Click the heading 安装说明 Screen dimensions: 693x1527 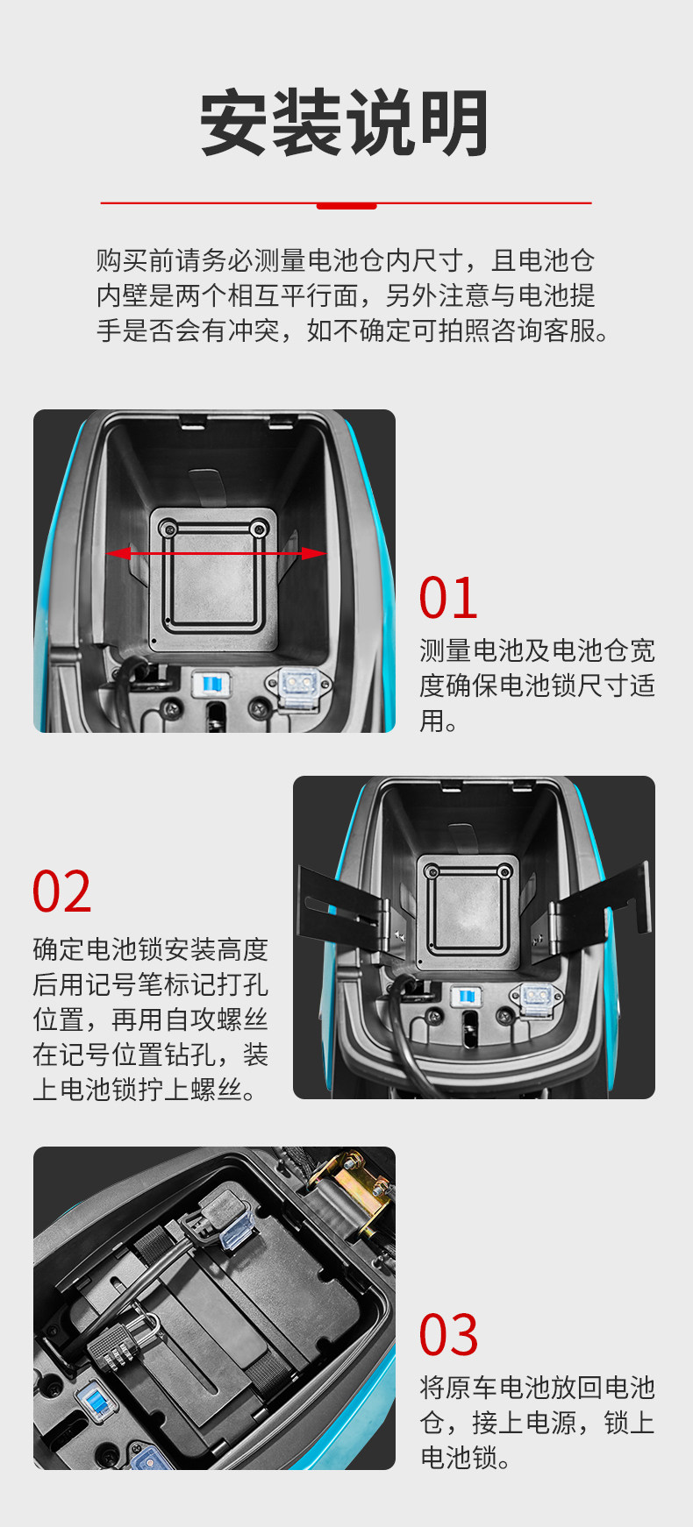(x=345, y=123)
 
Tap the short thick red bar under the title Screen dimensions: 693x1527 (x=346, y=206)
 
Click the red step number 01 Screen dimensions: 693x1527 (x=448, y=598)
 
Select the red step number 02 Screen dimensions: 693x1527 (x=61, y=892)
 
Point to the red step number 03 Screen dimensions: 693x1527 (x=448, y=1334)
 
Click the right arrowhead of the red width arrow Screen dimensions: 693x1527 (x=312, y=553)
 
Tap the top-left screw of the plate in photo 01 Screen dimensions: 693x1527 (x=168, y=529)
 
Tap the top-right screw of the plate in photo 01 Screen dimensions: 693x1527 (x=259, y=529)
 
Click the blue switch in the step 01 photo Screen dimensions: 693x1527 (x=211, y=685)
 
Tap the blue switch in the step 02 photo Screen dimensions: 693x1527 (x=465, y=997)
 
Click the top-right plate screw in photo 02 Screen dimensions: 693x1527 (x=504, y=872)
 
